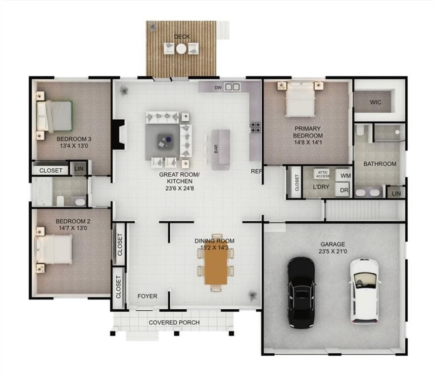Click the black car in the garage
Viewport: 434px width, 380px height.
coord(301,292)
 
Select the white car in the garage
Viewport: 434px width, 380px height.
coord(364,291)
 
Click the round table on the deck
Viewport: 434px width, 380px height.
coord(181,49)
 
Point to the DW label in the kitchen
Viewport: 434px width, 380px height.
coord(218,88)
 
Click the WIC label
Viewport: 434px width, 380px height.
coord(375,102)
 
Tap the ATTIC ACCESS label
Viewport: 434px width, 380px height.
coord(323,174)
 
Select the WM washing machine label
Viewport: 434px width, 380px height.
coord(346,176)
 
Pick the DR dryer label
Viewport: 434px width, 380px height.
coord(344,190)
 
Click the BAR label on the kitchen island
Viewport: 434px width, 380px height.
coord(216,149)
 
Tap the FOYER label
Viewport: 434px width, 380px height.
coord(147,296)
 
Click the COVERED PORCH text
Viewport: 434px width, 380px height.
coord(174,323)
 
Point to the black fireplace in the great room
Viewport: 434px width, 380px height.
coord(118,135)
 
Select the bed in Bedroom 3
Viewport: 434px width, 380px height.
coord(54,116)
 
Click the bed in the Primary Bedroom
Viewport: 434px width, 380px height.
coord(300,99)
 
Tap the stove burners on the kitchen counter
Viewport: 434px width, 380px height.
coord(255,127)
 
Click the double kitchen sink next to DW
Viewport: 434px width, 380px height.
coord(232,87)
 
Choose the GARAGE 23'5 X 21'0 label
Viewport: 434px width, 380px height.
coord(333,248)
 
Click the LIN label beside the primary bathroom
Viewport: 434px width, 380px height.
coord(396,193)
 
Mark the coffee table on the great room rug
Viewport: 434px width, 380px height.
coord(165,142)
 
